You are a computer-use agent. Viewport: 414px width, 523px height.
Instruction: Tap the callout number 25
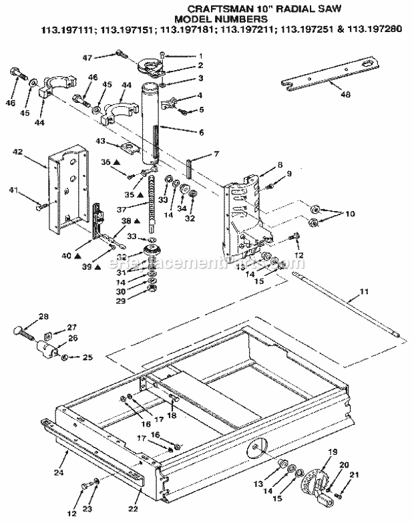[x=87, y=358]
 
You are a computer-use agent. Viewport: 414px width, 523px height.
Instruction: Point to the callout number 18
[x=172, y=417]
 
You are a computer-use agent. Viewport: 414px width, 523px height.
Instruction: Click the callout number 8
[x=262, y=164]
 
